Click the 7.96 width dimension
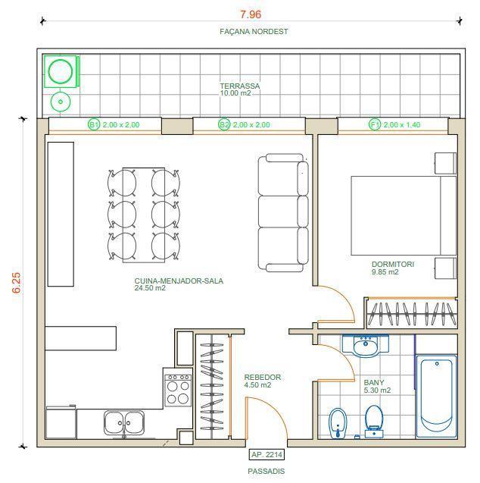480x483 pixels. tap(251, 14)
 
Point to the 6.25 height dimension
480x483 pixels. tap(17, 283)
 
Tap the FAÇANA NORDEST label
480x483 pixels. tap(254, 31)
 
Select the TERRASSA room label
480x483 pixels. tap(240, 86)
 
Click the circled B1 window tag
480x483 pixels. tap(94, 125)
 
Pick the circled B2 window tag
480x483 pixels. tap(224, 125)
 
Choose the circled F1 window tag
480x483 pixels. tap(375, 125)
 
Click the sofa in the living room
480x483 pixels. tap(283, 212)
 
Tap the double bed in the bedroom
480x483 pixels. tap(404, 215)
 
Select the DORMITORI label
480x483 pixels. tap(393, 265)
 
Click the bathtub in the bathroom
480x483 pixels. tap(436, 396)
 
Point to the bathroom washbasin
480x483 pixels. tap(366, 346)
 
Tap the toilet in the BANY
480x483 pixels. tap(374, 422)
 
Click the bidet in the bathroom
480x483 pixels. tap(338, 423)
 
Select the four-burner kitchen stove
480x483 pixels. tap(178, 387)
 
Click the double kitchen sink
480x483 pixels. tap(124, 422)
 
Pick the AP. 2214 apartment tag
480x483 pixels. tap(266, 455)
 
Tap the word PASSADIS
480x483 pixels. tap(266, 472)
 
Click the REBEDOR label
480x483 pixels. tap(262, 378)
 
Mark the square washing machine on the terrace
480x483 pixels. tap(61, 71)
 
